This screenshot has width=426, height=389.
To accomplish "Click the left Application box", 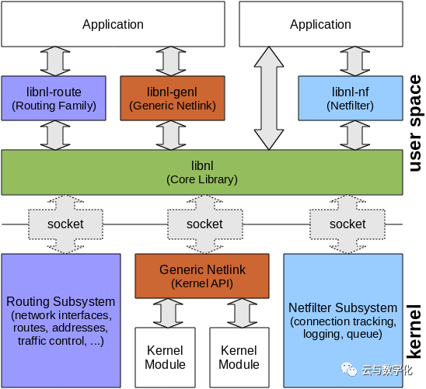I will [113, 24].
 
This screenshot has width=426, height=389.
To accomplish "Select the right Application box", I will [320, 24].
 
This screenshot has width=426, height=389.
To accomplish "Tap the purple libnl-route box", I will [54, 98].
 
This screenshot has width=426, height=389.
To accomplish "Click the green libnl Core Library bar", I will [201, 172].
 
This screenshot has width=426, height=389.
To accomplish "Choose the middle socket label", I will [204, 224].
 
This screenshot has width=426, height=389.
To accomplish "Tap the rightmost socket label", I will [347, 224].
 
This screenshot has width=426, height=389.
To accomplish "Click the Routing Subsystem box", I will [61, 319].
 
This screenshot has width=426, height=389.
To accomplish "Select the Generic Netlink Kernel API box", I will [202, 276].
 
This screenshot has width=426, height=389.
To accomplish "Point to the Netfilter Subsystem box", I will [343, 319].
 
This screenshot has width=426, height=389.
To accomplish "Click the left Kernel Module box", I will [166, 357].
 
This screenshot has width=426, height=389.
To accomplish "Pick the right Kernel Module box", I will [239, 357].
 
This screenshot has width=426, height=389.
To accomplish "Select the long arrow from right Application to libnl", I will [269, 98].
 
